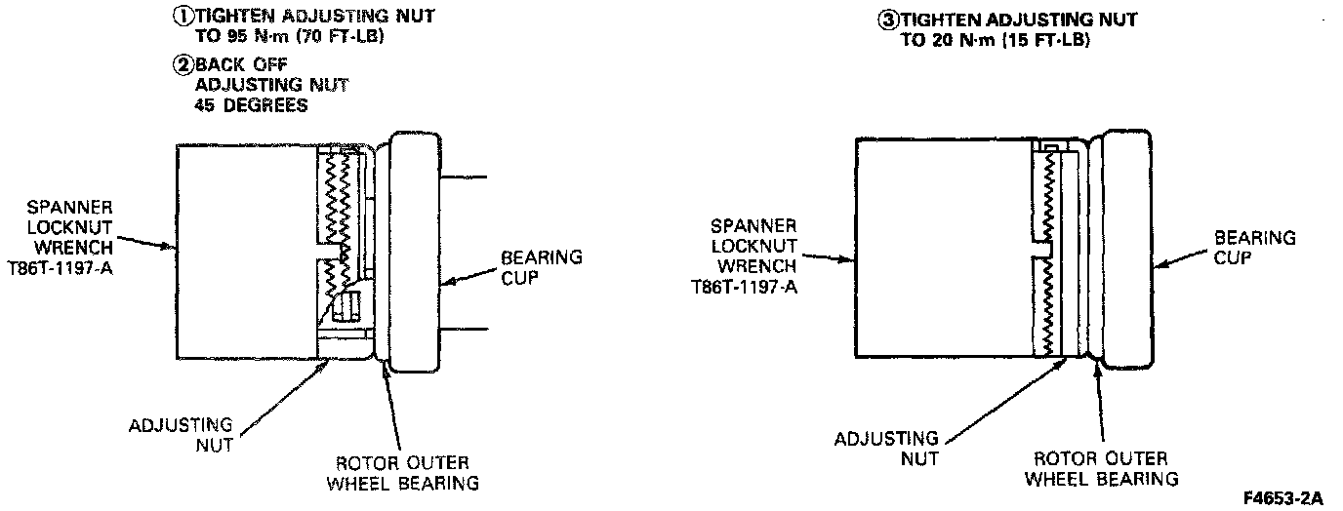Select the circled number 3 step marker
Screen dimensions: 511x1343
point(888,20)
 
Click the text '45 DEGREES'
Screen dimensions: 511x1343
point(252,105)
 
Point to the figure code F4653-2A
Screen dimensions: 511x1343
point(1282,498)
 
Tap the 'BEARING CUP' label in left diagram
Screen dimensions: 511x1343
point(541,267)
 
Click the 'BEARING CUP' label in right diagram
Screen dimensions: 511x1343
point(1254,248)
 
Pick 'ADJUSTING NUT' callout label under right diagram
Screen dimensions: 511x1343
point(886,449)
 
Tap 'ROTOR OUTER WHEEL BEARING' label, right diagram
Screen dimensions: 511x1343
point(1107,468)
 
